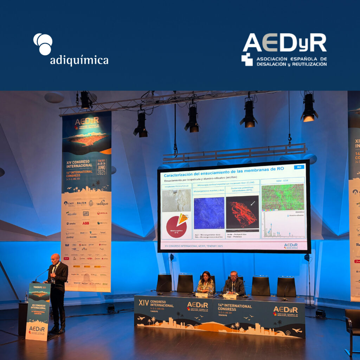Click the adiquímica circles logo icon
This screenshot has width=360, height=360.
click(x=43, y=44)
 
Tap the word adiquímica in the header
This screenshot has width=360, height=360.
click(x=79, y=60)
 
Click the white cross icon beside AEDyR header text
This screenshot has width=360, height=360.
click(x=247, y=59)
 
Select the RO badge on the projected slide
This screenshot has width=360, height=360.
click(x=299, y=167)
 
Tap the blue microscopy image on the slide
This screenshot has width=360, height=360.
click(x=209, y=213)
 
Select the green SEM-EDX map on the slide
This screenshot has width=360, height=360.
click(x=282, y=197)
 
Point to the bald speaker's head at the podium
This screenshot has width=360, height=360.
click(x=55, y=258)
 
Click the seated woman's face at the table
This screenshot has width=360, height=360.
click(x=206, y=276)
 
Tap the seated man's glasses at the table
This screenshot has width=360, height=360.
click(x=233, y=276)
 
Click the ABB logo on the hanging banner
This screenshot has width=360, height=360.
click(x=85, y=223)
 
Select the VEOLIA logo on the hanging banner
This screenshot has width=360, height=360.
click(x=102, y=213)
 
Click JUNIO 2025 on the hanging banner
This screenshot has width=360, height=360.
click(x=101, y=167)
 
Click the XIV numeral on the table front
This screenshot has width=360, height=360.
click(x=143, y=302)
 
